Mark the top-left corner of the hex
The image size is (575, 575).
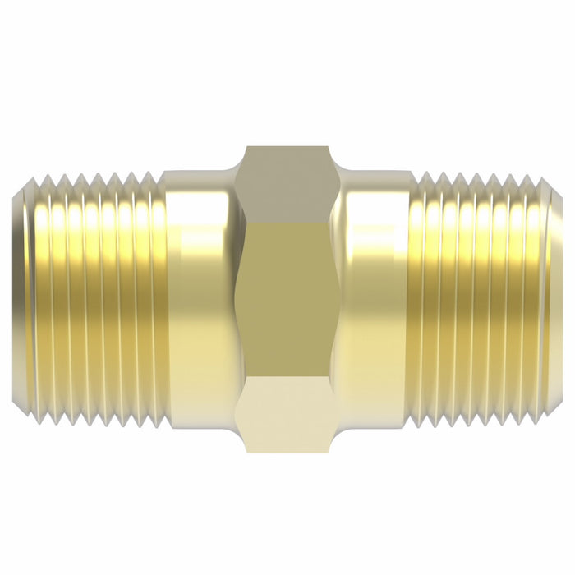(246, 147)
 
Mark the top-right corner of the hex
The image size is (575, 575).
(329, 147)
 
